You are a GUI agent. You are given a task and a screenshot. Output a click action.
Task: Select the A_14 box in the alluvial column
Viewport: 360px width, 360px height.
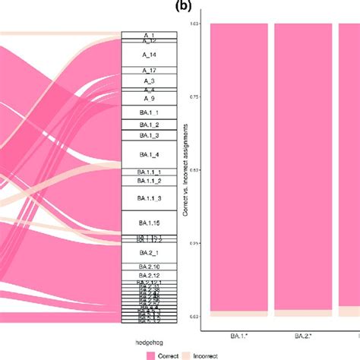coord(149,55)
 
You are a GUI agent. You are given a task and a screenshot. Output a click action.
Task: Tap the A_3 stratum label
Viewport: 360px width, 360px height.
coord(149,81)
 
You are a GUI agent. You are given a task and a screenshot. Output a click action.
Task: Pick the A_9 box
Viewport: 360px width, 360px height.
coord(149,99)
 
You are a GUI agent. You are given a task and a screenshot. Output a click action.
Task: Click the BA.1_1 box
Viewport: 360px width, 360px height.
coord(149,112)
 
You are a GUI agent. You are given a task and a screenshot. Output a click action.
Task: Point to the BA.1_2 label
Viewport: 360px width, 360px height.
coord(149,125)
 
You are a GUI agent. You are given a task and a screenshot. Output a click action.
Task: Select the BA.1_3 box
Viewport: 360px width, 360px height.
coord(149,135)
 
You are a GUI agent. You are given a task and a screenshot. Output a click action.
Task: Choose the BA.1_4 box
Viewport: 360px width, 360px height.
coord(149,155)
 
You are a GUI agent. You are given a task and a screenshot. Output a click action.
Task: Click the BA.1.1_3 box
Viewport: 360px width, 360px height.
coord(149,198)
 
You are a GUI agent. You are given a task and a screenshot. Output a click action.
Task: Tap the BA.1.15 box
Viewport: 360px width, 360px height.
coord(149,222)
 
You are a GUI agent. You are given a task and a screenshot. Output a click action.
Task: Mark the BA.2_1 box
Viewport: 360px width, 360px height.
coord(149,252)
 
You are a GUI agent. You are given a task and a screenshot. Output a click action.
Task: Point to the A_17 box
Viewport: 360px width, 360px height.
coord(149,70)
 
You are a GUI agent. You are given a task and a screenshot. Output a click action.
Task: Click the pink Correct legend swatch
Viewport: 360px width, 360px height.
coord(150,353)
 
